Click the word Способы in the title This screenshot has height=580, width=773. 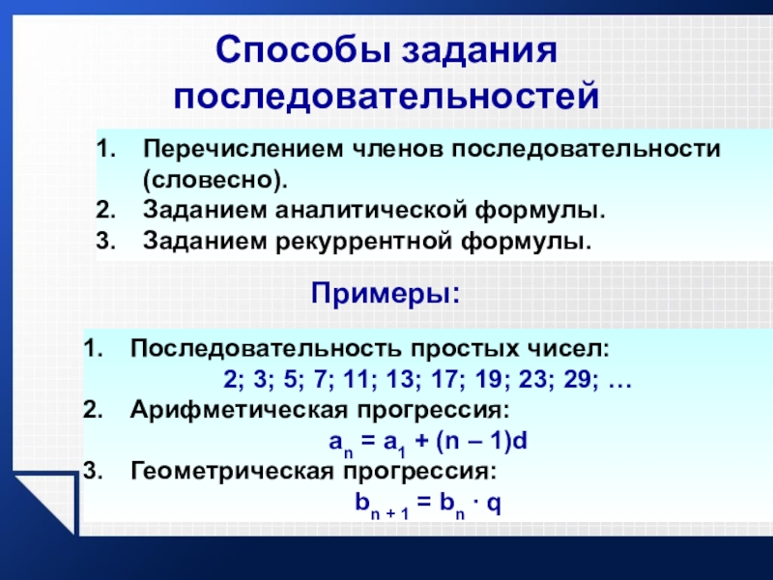303,50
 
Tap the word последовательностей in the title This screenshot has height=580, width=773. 386,96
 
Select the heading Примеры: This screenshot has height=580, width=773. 386,294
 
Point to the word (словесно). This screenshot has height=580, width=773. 215,181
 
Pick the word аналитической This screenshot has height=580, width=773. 371,211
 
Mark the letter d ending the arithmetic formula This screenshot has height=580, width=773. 520,441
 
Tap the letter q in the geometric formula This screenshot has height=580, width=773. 494,504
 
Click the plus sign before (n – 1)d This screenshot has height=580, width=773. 422,441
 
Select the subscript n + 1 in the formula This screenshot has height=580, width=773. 390,514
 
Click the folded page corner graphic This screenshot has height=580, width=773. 46,504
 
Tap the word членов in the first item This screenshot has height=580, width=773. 397,149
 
